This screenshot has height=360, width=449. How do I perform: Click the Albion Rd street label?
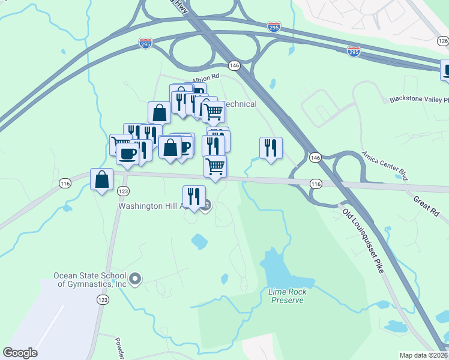click(x=206, y=78)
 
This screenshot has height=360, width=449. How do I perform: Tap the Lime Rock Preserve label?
click(x=287, y=296)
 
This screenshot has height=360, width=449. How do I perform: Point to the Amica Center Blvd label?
click(x=385, y=166)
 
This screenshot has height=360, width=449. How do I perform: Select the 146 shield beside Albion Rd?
click(x=234, y=65)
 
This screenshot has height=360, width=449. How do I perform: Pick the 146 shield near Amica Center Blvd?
click(x=316, y=157)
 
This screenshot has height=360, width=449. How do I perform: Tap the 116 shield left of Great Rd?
click(x=316, y=184)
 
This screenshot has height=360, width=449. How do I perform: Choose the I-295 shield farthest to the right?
click(x=354, y=53)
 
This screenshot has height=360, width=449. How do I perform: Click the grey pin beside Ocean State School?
click(x=135, y=278)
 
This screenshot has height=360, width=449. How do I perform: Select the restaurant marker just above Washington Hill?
click(x=194, y=196)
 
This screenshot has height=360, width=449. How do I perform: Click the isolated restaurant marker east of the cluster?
click(x=271, y=148)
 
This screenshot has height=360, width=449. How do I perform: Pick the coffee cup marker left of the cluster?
click(x=127, y=154)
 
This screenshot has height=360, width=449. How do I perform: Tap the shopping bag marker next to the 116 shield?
click(x=102, y=179)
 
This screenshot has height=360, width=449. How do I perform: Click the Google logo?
click(x=20, y=353)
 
